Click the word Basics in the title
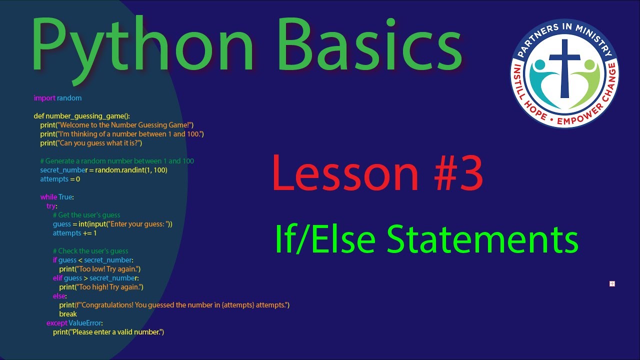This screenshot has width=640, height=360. click(367, 45)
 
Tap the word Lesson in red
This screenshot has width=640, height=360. click(345, 173)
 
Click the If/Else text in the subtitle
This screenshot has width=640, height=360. click(325, 239)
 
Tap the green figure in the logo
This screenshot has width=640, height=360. click(588, 80)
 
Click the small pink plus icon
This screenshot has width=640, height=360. click(612, 284)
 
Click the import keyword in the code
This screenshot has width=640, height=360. click(44, 98)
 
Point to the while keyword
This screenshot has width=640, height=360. click(48, 197)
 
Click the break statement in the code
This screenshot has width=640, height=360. click(68, 314)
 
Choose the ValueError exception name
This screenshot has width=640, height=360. click(85, 323)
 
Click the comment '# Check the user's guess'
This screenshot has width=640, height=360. click(90, 251)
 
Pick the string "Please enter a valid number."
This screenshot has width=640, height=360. click(117, 332)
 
